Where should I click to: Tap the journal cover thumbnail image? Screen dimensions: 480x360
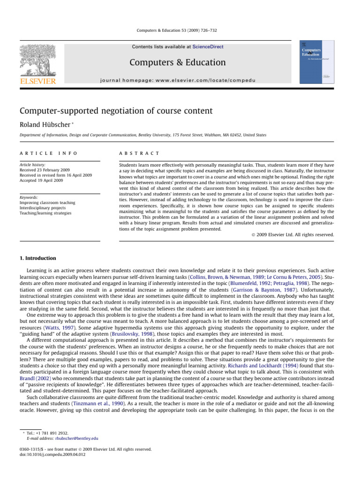point(316,62)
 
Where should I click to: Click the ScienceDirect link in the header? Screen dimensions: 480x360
point(207,47)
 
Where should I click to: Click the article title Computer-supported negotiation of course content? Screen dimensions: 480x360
point(117,111)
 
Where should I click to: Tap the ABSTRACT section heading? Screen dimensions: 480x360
point(139,153)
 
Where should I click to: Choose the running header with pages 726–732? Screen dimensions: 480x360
point(180,30)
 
